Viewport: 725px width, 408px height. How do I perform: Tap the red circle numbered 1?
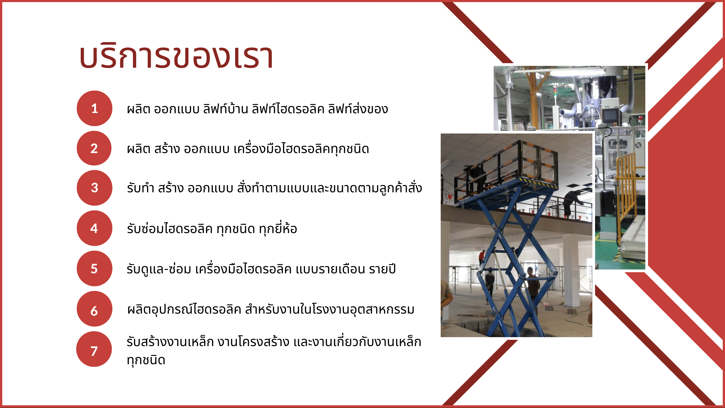(95, 108)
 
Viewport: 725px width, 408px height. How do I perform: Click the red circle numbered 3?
(95, 188)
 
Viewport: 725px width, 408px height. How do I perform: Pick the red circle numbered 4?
(95, 228)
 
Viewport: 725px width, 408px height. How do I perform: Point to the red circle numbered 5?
(95, 269)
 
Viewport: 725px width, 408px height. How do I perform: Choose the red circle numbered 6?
(95, 309)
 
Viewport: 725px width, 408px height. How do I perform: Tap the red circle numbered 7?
(94, 349)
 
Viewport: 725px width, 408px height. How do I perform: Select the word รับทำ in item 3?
(140, 188)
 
